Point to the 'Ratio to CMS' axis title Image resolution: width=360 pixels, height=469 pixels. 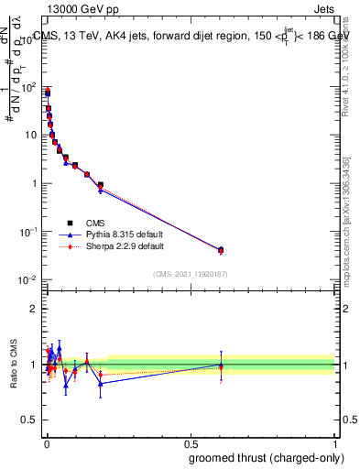click(13, 365)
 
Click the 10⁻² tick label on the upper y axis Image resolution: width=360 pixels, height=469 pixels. click(27, 279)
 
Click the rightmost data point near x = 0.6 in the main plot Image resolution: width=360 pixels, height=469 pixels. click(221, 249)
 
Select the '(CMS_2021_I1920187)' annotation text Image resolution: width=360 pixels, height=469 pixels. click(190, 274)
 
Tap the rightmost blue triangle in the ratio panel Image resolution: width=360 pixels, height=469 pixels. click(221, 365)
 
